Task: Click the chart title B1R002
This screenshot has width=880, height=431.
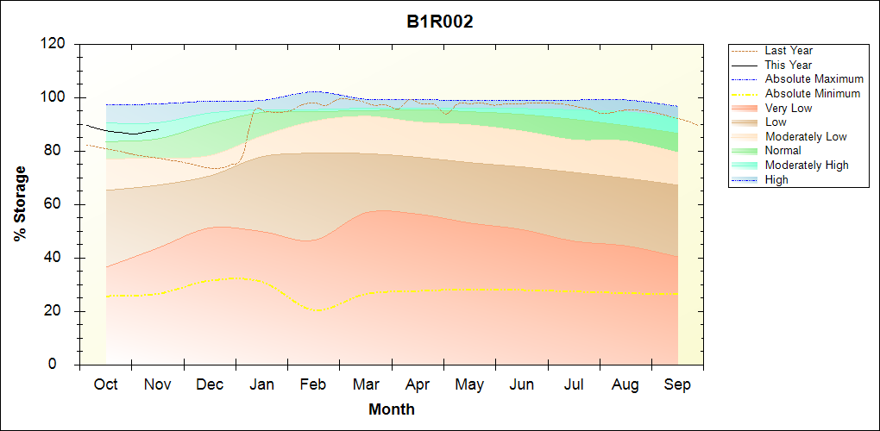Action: pyautogui.click(x=440, y=22)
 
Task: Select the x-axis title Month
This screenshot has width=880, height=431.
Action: pyautogui.click(x=392, y=409)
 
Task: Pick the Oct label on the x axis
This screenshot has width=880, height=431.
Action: pyautogui.click(x=106, y=384)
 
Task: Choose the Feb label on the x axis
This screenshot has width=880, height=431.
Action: pyautogui.click(x=313, y=384)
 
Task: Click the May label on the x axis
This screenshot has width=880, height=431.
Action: pyautogui.click(x=469, y=384)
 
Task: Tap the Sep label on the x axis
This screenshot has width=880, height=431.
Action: pyautogui.click(x=677, y=384)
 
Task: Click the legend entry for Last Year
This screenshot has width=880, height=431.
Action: pyautogui.click(x=789, y=51)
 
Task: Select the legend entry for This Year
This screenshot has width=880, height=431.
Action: pyautogui.click(x=789, y=65)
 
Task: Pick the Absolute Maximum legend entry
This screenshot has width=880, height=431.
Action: pyautogui.click(x=814, y=79)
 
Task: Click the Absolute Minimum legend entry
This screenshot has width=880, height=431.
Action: pyautogui.click(x=813, y=93)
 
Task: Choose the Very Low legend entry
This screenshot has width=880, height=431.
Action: pyautogui.click(x=789, y=108)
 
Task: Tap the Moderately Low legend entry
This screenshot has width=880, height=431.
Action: pyautogui.click(x=806, y=136)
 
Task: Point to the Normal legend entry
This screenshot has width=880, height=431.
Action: pyautogui.click(x=783, y=151)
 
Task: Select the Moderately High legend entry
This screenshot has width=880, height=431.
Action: pyautogui.click(x=807, y=165)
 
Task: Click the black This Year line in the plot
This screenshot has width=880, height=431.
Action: pyautogui.click(x=121, y=132)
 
